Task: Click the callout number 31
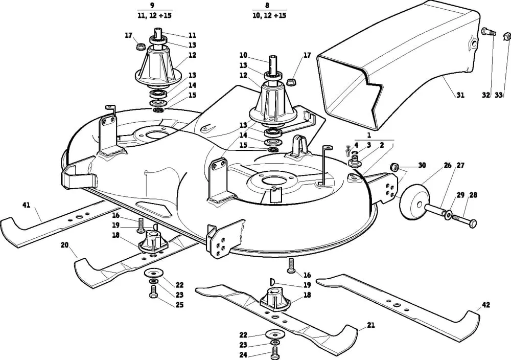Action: [x=460, y=95]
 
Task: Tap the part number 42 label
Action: [x=486, y=305]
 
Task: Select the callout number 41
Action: [x=26, y=205]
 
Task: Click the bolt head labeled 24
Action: [x=275, y=352]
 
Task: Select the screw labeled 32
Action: [x=487, y=32]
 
